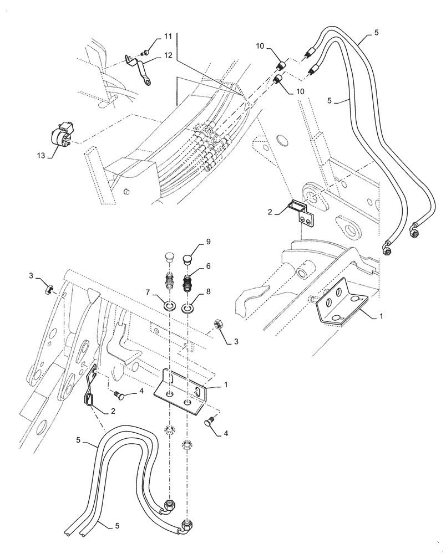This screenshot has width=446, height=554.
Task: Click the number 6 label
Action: pos(209,266)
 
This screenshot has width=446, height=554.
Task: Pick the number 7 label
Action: pos(147,291)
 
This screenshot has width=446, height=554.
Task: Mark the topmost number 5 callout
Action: pos(377,33)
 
